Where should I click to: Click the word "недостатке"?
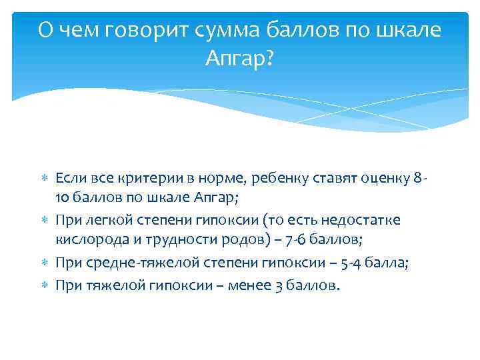[x=370, y=220]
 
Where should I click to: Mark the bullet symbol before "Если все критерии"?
[x=44, y=179]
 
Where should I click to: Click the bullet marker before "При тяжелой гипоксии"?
[x=44, y=285]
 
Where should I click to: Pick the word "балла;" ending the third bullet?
[x=394, y=263]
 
